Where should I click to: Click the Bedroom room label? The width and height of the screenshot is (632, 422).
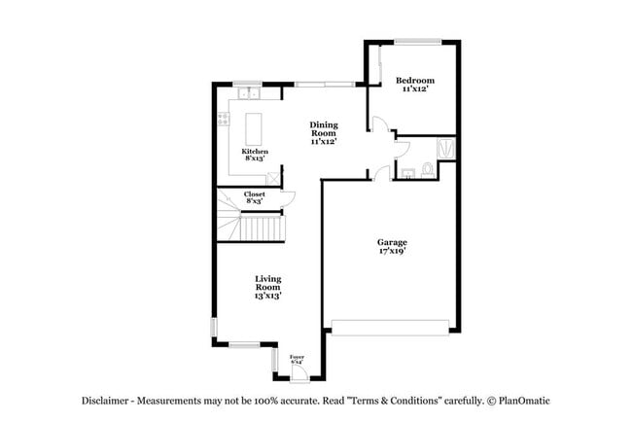pos(416,85)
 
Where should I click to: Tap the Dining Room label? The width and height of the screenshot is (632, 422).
pos(324,132)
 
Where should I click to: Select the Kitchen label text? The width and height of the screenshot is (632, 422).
pos(255,156)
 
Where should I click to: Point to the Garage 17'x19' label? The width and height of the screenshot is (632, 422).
pos(392,246)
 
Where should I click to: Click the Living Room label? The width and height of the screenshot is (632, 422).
pos(267,287)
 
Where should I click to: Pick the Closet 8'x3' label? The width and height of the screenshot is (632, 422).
pos(255,197)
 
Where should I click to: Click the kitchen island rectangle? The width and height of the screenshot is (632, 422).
pos(254,127)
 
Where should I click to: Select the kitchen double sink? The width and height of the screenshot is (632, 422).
pos(247,93)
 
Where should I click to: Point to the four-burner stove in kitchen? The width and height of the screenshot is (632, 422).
pos(224,121)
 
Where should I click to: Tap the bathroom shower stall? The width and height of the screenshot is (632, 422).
pos(445,148)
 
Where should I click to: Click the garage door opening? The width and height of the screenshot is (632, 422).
pos(392,325)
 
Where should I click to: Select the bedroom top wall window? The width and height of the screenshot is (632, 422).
pos(416,41)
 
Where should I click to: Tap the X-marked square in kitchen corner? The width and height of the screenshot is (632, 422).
pos(272,178)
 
